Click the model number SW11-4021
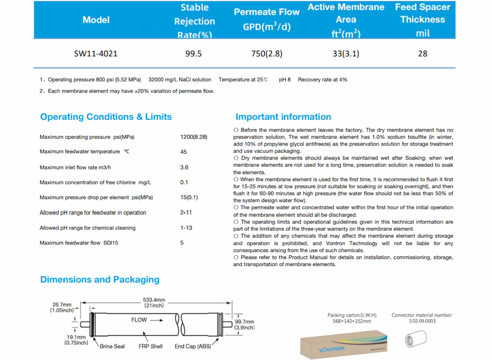tap(96, 53)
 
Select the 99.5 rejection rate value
tap(194, 53)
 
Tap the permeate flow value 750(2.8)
tap(267, 53)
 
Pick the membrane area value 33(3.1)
tap(346, 53)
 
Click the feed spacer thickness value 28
tap(422, 53)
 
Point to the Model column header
tap(96, 20)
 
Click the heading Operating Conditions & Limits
tap(106, 117)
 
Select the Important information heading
tap(283, 117)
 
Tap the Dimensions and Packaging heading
tap(100, 280)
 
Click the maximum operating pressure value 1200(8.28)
tap(194, 137)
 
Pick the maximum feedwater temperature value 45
tap(183, 152)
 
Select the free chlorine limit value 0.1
tap(184, 182)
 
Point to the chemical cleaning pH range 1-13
tap(186, 228)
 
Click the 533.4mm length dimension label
tap(154, 300)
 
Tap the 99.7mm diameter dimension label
tap(244, 322)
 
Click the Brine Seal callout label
tap(112, 346)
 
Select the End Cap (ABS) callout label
tap(193, 346)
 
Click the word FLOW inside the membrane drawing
tap(139, 320)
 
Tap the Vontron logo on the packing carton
tap(332, 349)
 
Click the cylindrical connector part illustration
tap(416, 339)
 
